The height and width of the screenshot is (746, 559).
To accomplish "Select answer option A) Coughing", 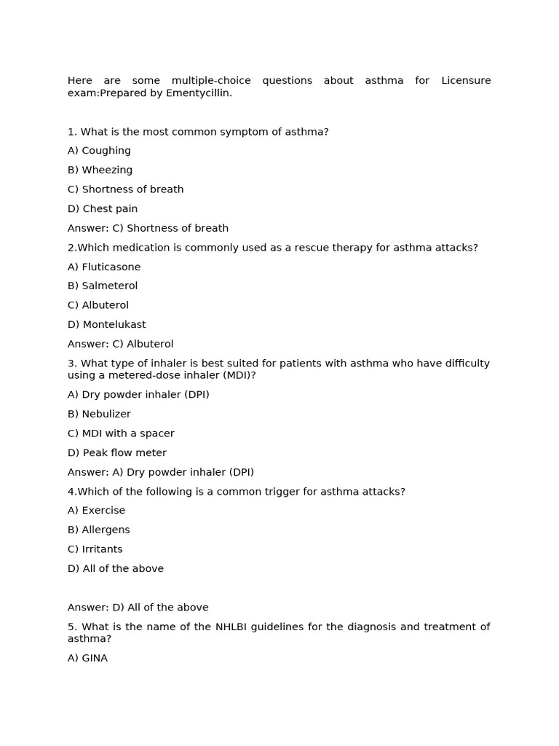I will point(99,151).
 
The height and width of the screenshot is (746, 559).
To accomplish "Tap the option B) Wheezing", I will point(100,170).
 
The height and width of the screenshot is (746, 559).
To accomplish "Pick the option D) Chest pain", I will point(103,208).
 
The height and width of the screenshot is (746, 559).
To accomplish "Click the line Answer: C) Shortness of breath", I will point(148,228).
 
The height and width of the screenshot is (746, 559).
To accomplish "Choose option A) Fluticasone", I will point(104,267).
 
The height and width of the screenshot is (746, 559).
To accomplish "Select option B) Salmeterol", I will point(103,286).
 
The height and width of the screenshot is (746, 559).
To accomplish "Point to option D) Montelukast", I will point(106,324).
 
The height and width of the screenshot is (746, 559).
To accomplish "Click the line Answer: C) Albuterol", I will point(120,344).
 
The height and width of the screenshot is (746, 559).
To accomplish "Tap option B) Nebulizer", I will point(99,414).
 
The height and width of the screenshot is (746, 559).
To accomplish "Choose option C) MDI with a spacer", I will point(121,433).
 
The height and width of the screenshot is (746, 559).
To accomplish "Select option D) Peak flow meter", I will point(116,452).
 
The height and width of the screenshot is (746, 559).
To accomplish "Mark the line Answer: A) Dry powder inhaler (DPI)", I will point(161,472).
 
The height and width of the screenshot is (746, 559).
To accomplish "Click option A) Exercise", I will point(96,510).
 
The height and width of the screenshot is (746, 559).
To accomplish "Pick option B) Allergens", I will point(98,530).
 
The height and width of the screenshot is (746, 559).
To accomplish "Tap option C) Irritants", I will point(95,549).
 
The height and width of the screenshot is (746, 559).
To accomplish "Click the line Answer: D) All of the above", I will point(138,607).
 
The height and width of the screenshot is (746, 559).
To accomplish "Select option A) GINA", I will point(87,658).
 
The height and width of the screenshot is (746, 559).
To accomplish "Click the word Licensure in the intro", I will point(466,80).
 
